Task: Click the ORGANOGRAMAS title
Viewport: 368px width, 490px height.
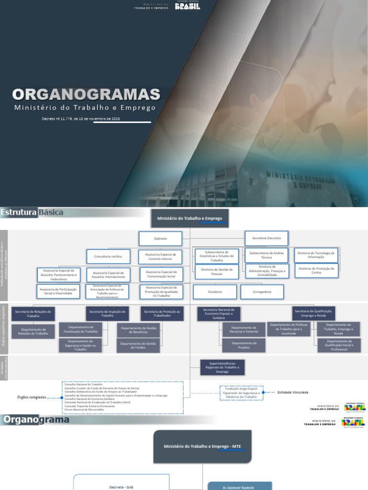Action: (86, 94)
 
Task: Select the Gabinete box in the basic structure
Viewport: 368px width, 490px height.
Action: (160, 238)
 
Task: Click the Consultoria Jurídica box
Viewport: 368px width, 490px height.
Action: (108, 256)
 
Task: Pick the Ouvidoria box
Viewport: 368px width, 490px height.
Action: (215, 291)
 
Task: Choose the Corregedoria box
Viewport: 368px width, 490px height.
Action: (262, 291)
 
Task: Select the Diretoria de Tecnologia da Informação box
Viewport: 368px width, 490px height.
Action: (316, 254)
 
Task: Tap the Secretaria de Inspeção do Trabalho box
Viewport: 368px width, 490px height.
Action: (107, 313)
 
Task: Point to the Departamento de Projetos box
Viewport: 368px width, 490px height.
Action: (244, 345)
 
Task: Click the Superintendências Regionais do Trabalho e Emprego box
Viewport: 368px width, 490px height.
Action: (222, 367)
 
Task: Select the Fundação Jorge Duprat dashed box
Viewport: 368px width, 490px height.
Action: (241, 392)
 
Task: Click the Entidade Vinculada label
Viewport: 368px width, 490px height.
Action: (293, 392)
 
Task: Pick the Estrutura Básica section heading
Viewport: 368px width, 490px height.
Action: (33, 212)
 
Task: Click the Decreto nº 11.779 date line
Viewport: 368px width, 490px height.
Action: (80, 118)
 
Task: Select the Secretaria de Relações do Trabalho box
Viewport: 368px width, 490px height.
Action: (33, 313)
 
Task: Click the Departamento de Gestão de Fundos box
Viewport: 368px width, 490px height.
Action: (138, 345)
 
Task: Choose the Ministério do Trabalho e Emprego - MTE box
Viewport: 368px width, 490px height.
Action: (203, 446)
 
